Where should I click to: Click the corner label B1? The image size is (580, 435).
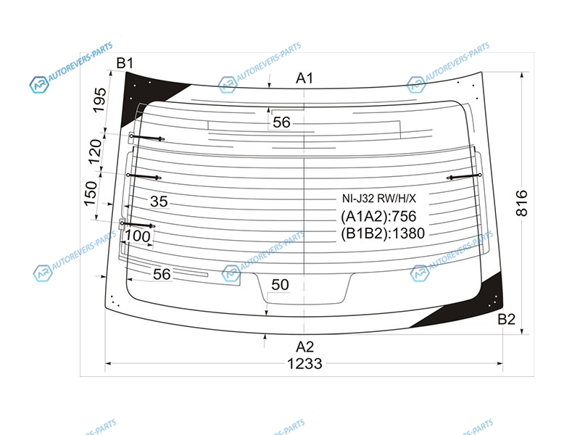(125, 63)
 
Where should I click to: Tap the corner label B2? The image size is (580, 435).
(506, 319)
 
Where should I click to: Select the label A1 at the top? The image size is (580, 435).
(304, 78)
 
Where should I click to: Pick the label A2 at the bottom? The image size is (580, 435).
(304, 347)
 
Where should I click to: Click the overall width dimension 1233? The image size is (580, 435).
(304, 364)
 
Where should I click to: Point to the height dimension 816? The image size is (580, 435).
(521, 203)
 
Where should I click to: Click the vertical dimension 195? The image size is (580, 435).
(99, 100)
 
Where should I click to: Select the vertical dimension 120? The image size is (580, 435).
(95, 152)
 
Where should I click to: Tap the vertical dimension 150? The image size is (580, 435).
(90, 194)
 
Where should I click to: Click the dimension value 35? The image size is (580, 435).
(159, 202)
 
